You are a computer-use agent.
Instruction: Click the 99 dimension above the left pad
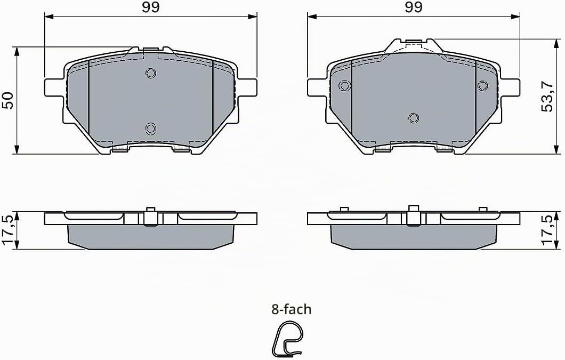point(151,7)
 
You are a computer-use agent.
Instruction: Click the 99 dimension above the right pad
point(414,7)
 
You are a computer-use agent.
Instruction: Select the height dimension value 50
point(7,100)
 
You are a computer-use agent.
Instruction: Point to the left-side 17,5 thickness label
point(8,230)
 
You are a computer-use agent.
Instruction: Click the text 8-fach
point(291,309)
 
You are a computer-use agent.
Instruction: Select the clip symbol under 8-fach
point(287,339)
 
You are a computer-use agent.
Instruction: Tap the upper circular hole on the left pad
point(151,74)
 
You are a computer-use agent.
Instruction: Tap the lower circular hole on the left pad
point(151,128)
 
